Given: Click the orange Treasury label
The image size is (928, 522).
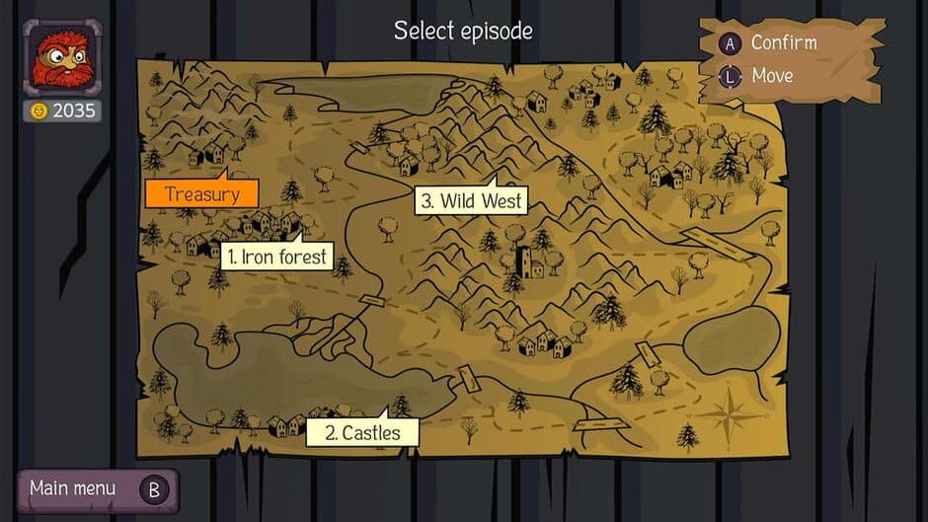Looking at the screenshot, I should [x=201, y=193].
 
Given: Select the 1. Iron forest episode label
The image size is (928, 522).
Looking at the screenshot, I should [x=275, y=257].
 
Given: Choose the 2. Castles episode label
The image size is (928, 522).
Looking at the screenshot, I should [x=362, y=432].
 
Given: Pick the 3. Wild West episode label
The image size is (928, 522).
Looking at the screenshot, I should [x=470, y=201].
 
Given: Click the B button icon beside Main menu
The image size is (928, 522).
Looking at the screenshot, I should [x=154, y=488].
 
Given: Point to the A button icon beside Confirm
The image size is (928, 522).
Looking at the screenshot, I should [x=731, y=43].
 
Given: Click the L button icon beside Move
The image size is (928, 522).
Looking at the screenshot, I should [x=731, y=75].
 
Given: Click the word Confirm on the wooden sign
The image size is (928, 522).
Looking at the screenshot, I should [x=784, y=42].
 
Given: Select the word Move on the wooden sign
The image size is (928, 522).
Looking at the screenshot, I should [x=772, y=75].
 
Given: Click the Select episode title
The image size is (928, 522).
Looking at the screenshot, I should [x=463, y=31].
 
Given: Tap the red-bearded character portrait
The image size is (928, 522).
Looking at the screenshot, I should [x=61, y=58].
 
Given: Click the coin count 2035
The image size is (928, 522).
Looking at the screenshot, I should [x=74, y=111].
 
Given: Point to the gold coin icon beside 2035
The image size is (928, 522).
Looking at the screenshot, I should [x=39, y=111].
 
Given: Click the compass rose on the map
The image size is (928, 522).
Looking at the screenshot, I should [x=732, y=412].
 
